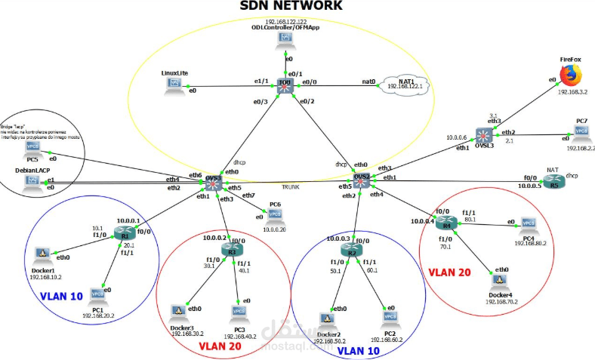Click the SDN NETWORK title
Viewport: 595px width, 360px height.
click(x=291, y=7)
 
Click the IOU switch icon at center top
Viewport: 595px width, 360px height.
click(x=285, y=85)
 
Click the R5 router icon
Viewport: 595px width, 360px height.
click(x=555, y=182)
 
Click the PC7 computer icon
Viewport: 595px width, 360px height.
click(x=581, y=132)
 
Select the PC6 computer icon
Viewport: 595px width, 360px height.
click(x=274, y=213)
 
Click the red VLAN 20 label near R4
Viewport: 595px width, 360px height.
click(x=450, y=270)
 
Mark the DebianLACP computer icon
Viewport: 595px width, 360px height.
click(x=32, y=183)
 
